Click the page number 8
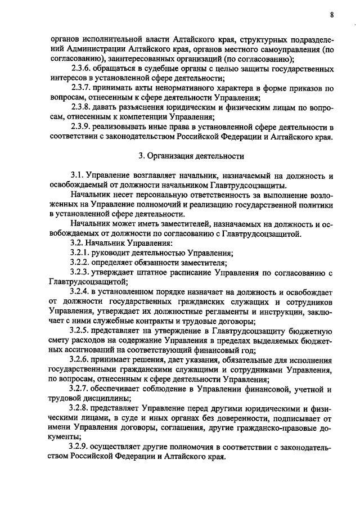coord(332,16)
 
